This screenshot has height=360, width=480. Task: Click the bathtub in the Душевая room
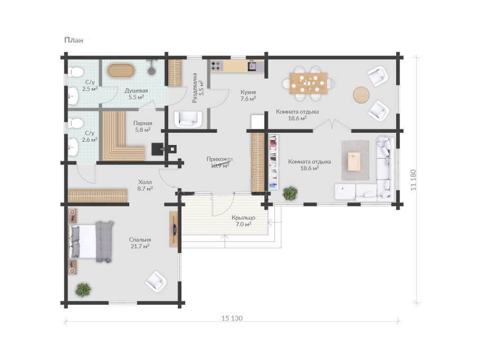(121, 71)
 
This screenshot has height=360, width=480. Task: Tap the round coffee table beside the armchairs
(361, 95)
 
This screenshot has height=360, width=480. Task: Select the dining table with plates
(308, 83)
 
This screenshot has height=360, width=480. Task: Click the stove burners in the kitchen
(217, 65)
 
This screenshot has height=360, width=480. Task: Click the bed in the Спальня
(91, 241)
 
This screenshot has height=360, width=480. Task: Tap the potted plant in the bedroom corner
(83, 289)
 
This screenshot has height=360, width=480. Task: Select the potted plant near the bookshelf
(290, 193)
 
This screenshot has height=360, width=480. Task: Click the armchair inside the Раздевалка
(188, 119)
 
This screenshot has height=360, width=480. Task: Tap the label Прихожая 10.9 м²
(220, 162)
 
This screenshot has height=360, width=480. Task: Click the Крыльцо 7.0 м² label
(243, 221)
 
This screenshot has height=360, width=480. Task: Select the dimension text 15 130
(232, 318)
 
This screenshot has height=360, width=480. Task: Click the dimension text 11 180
(414, 180)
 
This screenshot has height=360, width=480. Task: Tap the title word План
(74, 40)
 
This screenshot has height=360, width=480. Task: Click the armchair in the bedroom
(156, 281)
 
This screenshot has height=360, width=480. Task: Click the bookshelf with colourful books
(273, 163)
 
